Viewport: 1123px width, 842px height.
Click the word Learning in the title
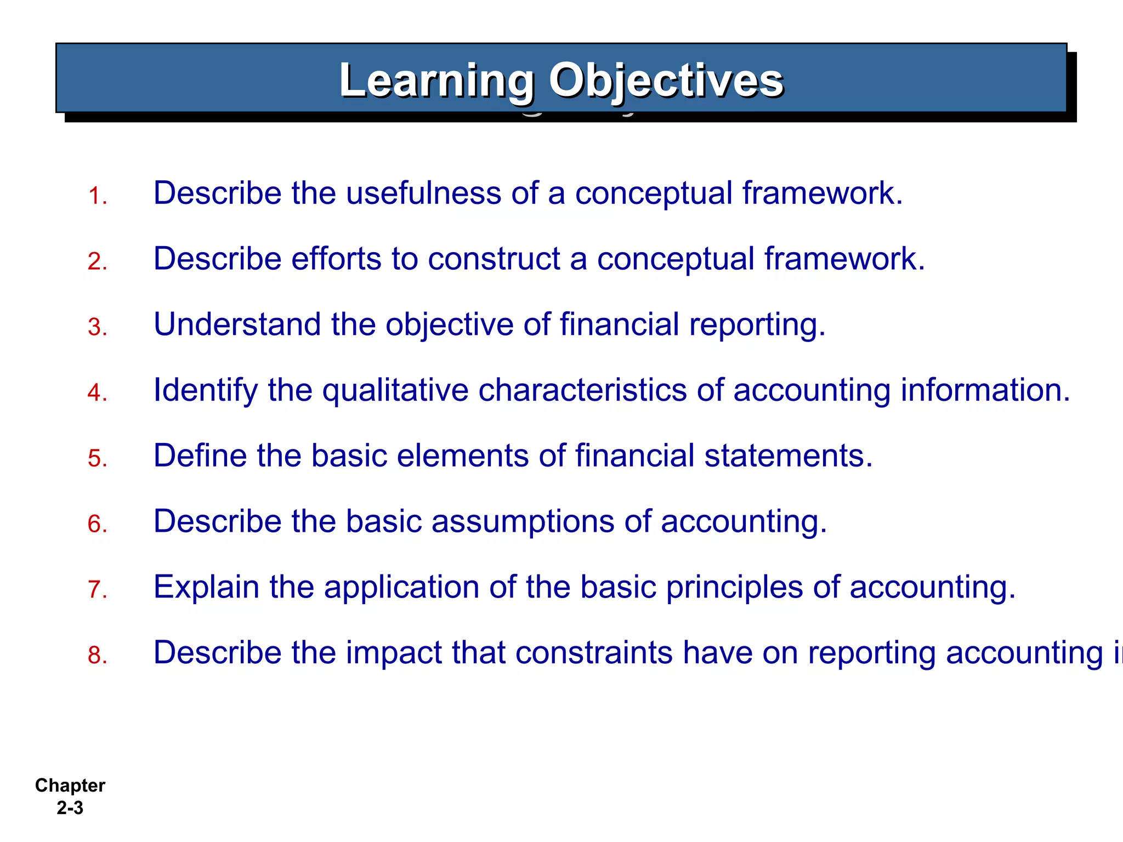(x=436, y=81)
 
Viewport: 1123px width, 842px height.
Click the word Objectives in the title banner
(x=666, y=81)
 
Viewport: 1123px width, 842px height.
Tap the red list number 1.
(x=97, y=196)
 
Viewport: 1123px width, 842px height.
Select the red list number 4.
(x=97, y=392)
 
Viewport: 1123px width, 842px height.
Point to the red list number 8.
(x=97, y=655)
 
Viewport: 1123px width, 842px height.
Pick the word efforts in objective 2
(x=336, y=259)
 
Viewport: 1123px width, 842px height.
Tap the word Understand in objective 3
(x=237, y=324)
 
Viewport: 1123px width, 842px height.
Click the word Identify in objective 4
(x=206, y=391)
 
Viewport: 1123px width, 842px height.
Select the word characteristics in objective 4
(x=582, y=390)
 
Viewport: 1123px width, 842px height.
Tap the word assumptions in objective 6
(x=523, y=522)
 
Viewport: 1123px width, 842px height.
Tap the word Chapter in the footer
(x=70, y=786)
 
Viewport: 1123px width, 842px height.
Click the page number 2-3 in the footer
(x=70, y=808)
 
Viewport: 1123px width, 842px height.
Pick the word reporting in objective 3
(x=757, y=325)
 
